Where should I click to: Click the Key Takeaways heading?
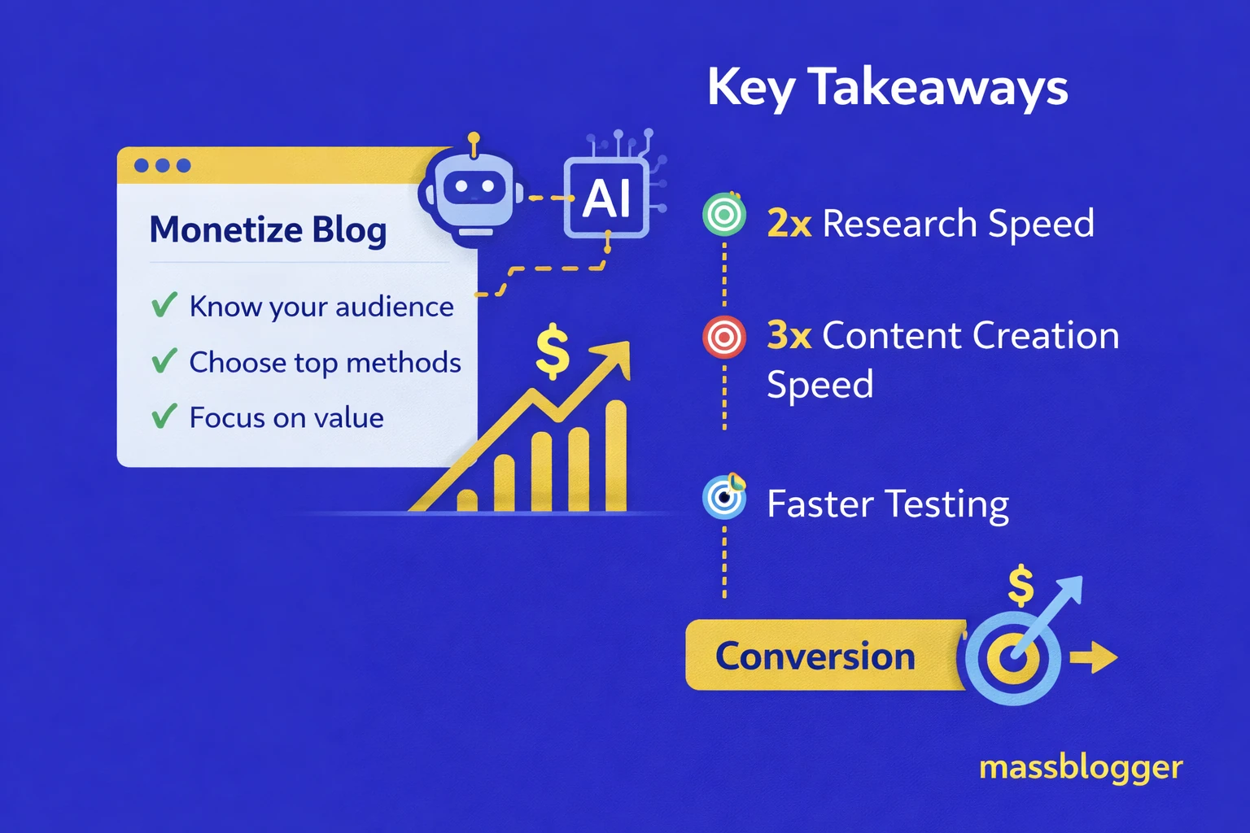887,87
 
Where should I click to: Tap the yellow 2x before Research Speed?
789,224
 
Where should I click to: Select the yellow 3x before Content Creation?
789,335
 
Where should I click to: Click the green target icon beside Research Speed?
723,216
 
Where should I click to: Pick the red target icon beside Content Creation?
723,337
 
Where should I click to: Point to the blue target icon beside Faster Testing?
723,497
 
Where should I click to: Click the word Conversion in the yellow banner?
815,656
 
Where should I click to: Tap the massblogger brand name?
1080,767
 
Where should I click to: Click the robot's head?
474,191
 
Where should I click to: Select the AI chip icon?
607,198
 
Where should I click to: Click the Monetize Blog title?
268,229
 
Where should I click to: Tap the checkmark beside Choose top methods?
164,360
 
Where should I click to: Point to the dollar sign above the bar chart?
553,351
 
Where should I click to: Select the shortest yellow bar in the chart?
467,500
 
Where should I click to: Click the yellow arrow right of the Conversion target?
1095,656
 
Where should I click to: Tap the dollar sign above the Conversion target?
1021,586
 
